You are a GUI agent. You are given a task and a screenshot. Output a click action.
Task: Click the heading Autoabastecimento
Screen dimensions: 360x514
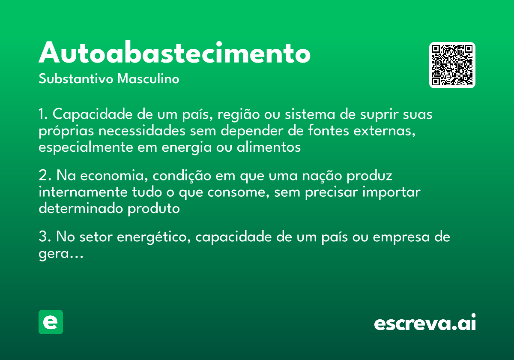tap(174, 53)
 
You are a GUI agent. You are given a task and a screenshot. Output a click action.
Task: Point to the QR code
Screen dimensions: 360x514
tap(452, 65)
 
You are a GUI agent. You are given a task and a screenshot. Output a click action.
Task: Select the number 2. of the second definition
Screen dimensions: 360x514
tap(44, 176)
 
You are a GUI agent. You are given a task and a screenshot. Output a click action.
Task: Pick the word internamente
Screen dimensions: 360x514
tap(81, 192)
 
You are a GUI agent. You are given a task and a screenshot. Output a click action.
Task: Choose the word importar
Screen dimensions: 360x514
tap(391, 192)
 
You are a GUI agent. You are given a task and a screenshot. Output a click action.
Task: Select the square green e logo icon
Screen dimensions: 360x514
tap(51, 322)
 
